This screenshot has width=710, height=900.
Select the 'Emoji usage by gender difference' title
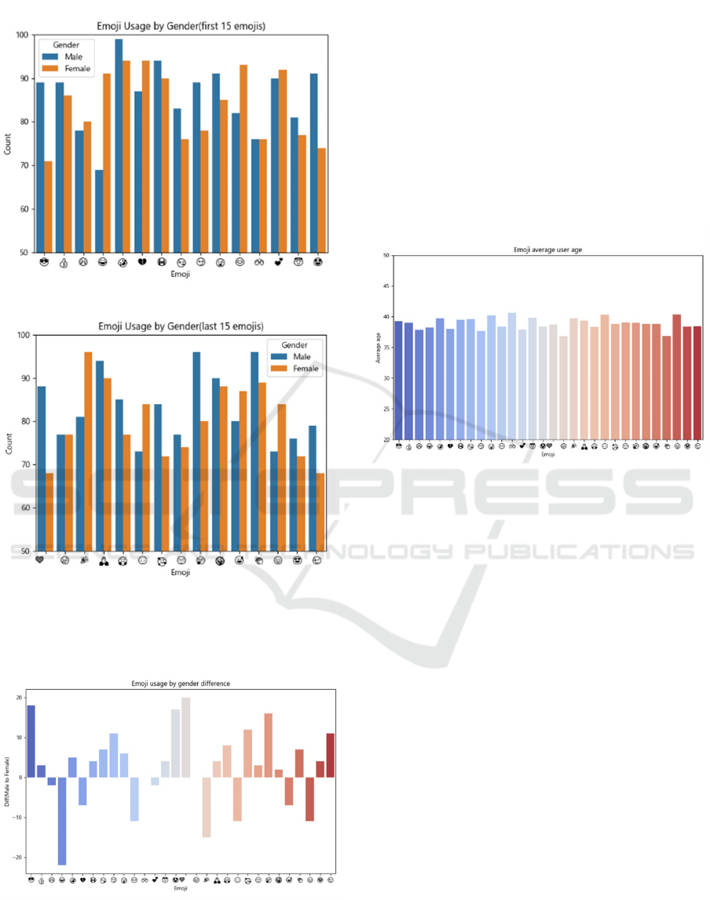(x=181, y=683)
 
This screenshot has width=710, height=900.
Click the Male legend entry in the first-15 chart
(x=73, y=56)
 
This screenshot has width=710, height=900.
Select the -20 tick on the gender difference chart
(x=18, y=858)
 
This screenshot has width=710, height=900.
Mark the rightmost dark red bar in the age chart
(x=697, y=383)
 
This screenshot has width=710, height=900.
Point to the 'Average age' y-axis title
(x=378, y=347)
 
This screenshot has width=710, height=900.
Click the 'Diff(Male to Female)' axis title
(x=6, y=781)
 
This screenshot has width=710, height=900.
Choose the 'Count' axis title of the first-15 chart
(x=8, y=144)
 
